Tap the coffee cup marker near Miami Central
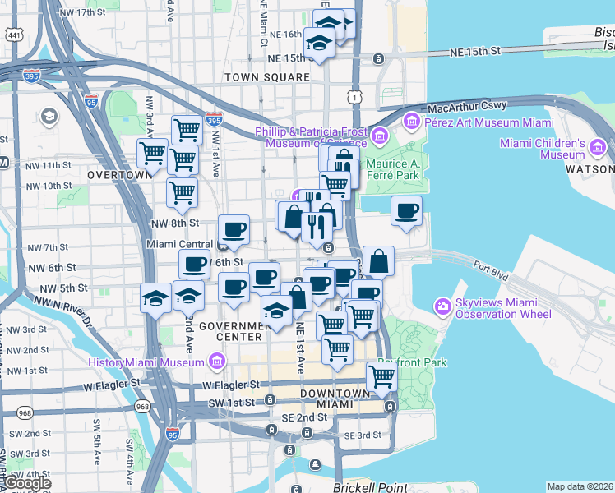click(x=234, y=230)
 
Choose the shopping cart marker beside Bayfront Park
click(x=381, y=376)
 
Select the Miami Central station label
click(x=178, y=244)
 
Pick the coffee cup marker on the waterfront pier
click(x=406, y=212)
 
